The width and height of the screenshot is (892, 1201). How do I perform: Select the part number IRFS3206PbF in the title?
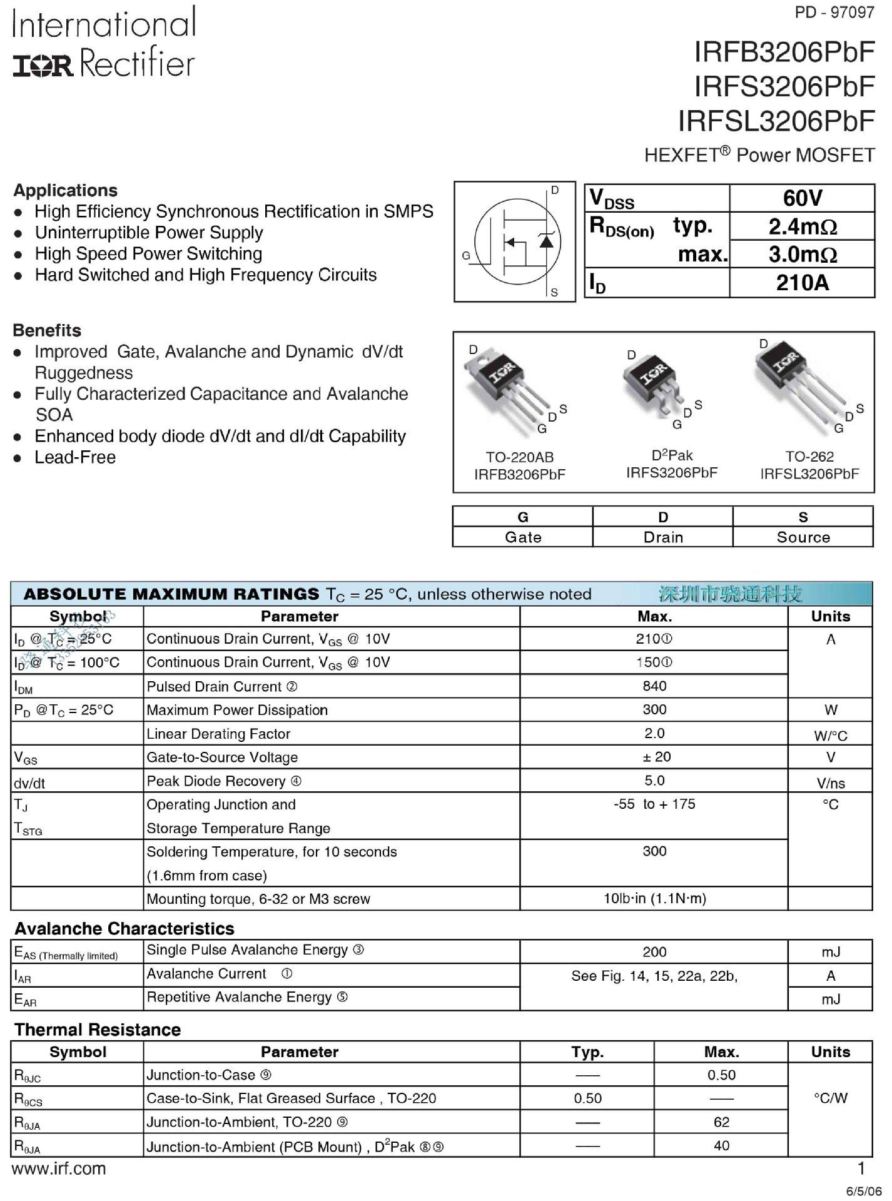(x=784, y=86)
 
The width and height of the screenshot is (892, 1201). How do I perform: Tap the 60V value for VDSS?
(x=802, y=198)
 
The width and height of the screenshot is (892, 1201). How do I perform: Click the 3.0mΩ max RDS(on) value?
(x=802, y=255)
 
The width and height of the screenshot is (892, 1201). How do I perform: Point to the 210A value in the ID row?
(x=802, y=283)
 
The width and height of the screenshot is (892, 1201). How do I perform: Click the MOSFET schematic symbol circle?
(x=517, y=241)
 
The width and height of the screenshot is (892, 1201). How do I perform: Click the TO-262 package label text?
(x=809, y=457)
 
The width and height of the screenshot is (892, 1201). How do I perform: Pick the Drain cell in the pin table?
(x=663, y=537)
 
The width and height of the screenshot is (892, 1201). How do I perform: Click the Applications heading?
(x=66, y=190)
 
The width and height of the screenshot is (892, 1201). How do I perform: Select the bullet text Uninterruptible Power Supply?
(x=149, y=233)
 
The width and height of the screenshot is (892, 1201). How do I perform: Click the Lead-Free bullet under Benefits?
(x=75, y=457)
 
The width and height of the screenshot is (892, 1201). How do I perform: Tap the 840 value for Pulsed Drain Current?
(x=654, y=686)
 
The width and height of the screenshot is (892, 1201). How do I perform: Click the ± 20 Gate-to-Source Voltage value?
(x=656, y=757)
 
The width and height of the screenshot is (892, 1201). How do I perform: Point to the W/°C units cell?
(x=830, y=736)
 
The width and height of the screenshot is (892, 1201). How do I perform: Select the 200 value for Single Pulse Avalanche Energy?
(x=654, y=952)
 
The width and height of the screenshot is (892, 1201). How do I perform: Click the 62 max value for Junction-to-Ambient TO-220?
(x=721, y=1122)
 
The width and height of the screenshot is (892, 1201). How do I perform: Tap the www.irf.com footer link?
(x=59, y=1168)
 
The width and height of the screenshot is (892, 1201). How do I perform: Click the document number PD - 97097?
(x=834, y=13)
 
